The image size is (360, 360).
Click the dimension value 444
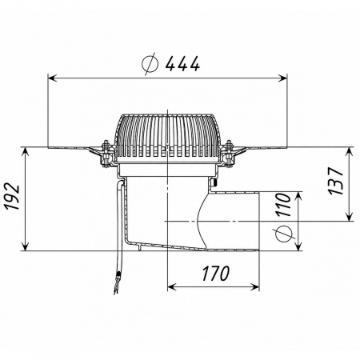182,64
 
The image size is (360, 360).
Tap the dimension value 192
14,196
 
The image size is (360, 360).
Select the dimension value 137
335,181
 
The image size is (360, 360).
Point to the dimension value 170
215,274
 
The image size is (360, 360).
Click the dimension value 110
283,205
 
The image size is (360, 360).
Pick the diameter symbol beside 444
150,64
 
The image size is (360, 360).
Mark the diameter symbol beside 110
283,234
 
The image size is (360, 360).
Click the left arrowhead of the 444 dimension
52,78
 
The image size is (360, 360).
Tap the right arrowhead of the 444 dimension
282,78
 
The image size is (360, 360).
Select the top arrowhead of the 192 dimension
25,151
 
